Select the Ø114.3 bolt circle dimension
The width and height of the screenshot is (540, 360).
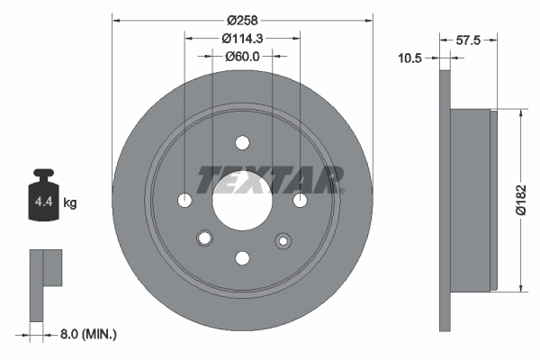tap(242, 38)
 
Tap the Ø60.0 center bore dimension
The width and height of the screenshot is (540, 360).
tap(242, 56)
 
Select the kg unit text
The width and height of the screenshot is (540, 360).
tap(70, 202)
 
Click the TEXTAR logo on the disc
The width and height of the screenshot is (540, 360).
tap(270, 180)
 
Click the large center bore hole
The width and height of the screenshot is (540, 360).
tap(241, 200)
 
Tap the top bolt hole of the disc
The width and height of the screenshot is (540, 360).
tap(242, 142)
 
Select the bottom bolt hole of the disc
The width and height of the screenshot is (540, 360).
tap(242, 258)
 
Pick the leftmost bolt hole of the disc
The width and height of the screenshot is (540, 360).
tap(184, 200)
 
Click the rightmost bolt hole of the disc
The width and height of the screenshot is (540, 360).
tap(300, 200)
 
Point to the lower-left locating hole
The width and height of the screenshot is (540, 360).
tap(204, 238)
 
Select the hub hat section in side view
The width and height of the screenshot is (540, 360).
tap(472, 200)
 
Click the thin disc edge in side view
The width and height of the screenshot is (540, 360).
tap(445, 200)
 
